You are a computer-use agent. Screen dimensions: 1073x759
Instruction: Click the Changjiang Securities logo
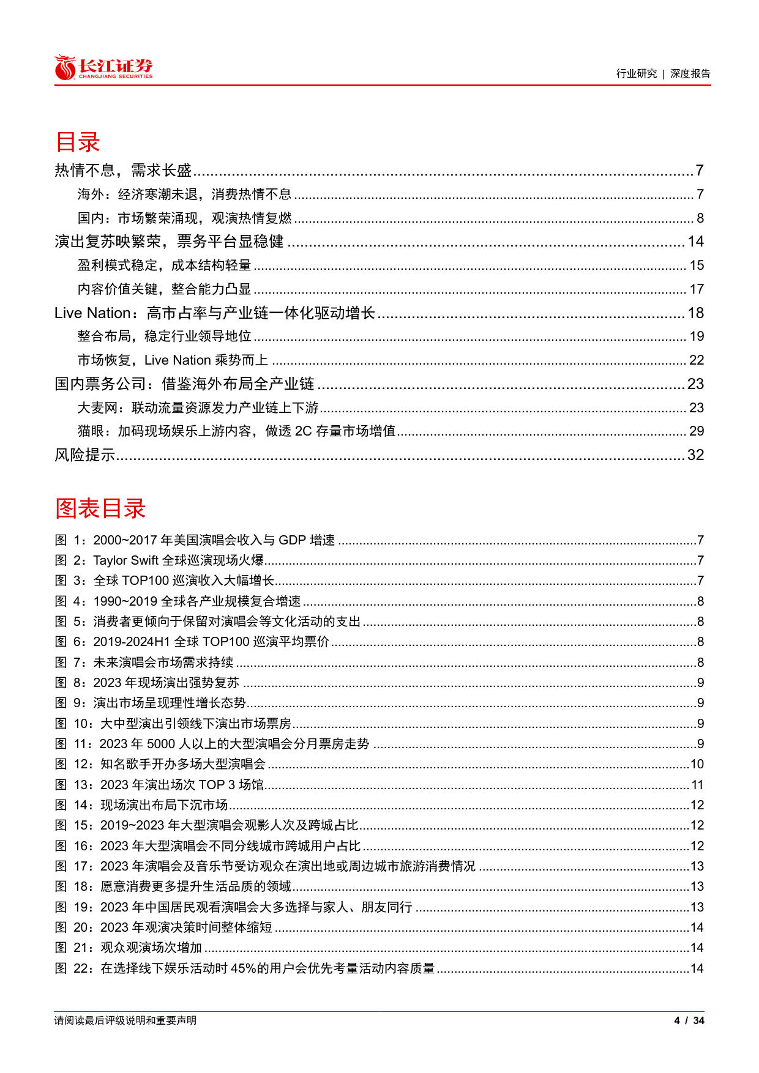pos(103,68)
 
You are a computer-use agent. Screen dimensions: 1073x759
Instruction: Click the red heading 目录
pos(78,142)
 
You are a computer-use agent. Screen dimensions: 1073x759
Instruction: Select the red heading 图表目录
pos(100,508)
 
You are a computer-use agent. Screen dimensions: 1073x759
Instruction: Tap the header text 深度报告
pos(690,73)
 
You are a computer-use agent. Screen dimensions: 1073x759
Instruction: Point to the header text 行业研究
pos(637,73)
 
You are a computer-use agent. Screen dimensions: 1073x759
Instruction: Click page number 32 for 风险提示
pos(695,455)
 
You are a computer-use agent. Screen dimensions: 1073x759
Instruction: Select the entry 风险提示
pos(85,455)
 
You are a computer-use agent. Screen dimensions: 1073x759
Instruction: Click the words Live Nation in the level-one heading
pos(92,313)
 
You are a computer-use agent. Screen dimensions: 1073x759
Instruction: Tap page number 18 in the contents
pos(695,313)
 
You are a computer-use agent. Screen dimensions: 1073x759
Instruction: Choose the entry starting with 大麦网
pos(198,408)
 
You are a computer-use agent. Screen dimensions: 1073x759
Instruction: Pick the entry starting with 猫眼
pos(236,431)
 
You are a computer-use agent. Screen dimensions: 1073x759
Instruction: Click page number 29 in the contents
pos(697,431)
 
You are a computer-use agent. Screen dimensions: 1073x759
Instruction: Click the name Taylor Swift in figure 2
pos(125,560)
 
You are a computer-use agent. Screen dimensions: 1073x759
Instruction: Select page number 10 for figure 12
pos(697,764)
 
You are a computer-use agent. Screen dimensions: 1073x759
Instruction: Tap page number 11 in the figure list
pos(697,785)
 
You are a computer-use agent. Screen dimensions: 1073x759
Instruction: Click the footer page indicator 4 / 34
pos(689,1020)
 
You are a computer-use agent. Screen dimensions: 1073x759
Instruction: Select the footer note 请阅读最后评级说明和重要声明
pos(125,1020)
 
